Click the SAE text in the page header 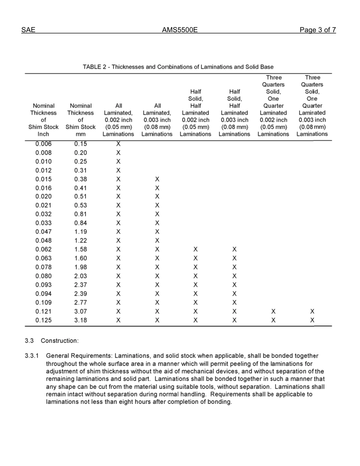28,30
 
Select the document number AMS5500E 180,30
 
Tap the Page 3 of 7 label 317,30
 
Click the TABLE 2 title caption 178,67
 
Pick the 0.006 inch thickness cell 44,144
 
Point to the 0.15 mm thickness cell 81,144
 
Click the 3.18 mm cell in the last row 81,320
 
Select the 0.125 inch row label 44,320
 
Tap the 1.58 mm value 81,249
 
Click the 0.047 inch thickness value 44,231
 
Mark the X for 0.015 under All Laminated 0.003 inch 157,179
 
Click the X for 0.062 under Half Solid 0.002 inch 196,249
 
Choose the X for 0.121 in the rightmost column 312,311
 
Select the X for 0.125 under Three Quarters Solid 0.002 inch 273,320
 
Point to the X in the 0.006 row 118,144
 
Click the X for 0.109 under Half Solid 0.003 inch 234,302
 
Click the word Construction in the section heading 60,341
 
